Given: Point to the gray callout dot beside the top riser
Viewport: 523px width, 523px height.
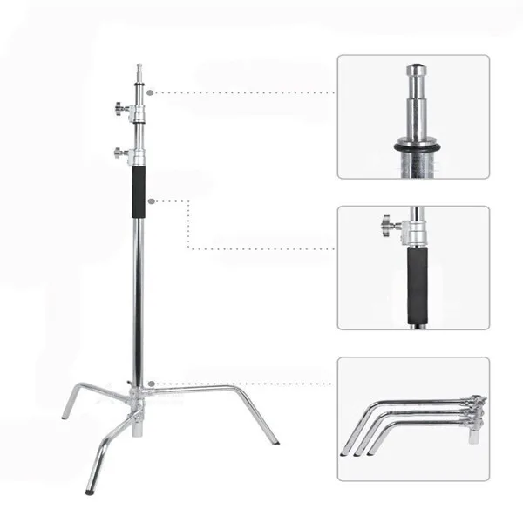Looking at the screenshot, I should pyautogui.click(x=151, y=92).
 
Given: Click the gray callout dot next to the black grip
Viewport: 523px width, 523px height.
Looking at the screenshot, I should pyautogui.click(x=151, y=201).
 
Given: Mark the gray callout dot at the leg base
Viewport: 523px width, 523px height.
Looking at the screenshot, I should pyautogui.click(x=151, y=384).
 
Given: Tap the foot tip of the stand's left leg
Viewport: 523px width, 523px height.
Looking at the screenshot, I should pyautogui.click(x=65, y=416).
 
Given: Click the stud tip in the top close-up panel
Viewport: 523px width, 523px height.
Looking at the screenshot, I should pyautogui.click(x=413, y=70).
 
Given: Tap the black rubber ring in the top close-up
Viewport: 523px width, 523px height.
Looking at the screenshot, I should pyautogui.click(x=413, y=148).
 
